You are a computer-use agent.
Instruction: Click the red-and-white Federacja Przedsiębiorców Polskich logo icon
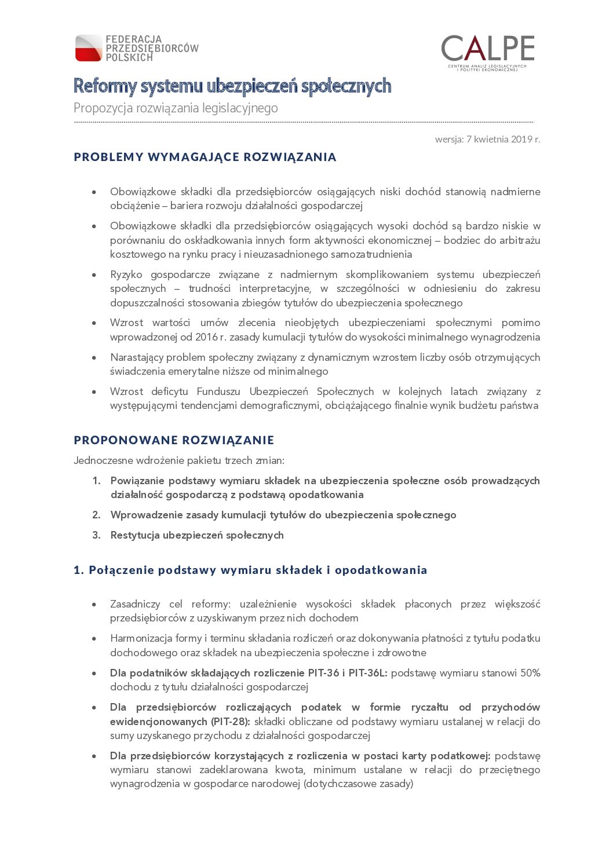click(89, 48)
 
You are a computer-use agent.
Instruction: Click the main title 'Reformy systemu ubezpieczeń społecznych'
click(232, 86)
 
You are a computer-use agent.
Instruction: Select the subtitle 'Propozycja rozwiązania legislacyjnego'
click(176, 108)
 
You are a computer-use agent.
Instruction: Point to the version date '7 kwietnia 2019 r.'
click(503, 139)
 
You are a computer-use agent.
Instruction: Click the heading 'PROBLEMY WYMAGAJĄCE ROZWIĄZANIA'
click(205, 157)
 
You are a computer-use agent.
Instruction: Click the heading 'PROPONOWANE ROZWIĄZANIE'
click(174, 440)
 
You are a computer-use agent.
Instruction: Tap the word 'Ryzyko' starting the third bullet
click(126, 275)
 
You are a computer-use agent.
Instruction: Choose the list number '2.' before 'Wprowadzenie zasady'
click(96, 515)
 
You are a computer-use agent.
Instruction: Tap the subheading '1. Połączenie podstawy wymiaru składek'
click(250, 570)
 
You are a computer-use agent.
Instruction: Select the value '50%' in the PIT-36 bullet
click(530, 673)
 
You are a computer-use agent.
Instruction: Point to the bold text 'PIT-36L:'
click(368, 673)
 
